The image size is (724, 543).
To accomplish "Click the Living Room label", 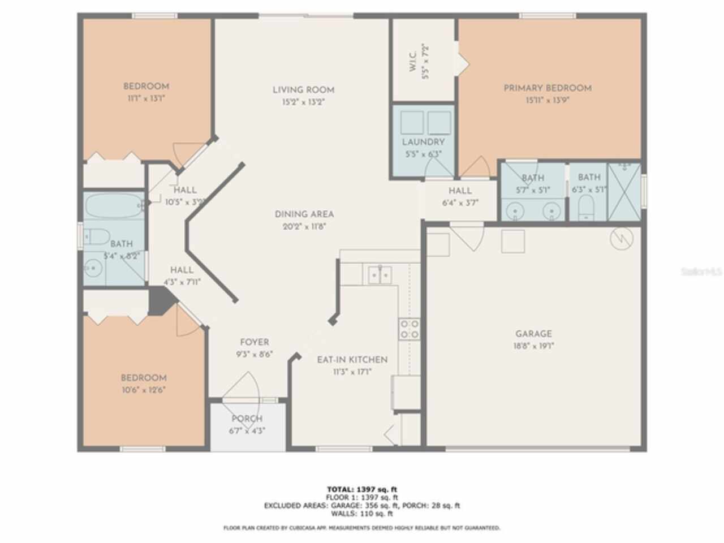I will (x=303, y=89).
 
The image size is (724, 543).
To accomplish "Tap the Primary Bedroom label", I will (x=548, y=88).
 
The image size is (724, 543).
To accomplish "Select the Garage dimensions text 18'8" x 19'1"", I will (x=533, y=346).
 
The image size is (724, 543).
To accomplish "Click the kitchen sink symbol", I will (x=380, y=275).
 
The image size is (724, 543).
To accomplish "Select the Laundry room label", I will (x=423, y=142).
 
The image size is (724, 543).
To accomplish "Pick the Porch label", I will (x=247, y=419).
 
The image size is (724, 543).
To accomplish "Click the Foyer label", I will (x=255, y=342).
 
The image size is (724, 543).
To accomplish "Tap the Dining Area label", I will (x=304, y=214).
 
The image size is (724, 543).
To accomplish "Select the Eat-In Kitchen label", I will (x=352, y=360).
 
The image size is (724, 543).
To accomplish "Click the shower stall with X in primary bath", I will (x=624, y=192).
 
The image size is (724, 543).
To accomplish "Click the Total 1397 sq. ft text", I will (x=365, y=489).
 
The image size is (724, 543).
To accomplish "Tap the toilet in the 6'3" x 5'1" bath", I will (x=587, y=207).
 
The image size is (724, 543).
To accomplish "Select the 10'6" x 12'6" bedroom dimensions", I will (x=144, y=390).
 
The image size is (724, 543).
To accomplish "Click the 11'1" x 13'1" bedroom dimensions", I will (x=146, y=98).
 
